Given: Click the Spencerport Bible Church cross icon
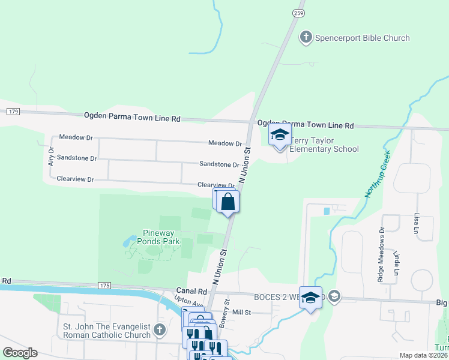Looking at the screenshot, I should click(306, 37).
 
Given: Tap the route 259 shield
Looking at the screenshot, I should click(299, 12).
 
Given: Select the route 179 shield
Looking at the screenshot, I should click(14, 112).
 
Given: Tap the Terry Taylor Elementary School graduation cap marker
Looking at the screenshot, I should click(280, 136).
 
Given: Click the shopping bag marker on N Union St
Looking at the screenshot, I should click(228, 201).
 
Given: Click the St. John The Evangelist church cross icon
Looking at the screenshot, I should click(159, 329).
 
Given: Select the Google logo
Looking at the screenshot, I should click(19, 353).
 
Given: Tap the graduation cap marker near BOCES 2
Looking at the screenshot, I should click(310, 298).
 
